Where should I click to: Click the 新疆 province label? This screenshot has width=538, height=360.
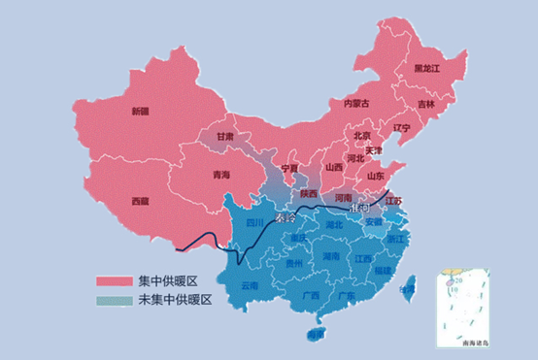tap(141, 112)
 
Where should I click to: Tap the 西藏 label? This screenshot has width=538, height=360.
tap(141, 201)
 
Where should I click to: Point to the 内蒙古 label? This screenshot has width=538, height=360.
tap(356, 103)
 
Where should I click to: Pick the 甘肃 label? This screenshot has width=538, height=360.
tap(225, 137)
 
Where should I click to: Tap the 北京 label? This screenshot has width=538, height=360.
tap(361, 136)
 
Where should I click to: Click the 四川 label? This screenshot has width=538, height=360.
tap(254, 222)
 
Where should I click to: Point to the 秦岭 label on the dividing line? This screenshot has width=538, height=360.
tap(288, 220)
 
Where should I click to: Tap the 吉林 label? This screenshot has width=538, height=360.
tap(426, 104)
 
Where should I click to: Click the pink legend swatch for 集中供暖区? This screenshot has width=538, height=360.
tap(115, 280)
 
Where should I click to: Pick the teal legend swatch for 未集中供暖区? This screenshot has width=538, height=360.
tap(115, 300)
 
